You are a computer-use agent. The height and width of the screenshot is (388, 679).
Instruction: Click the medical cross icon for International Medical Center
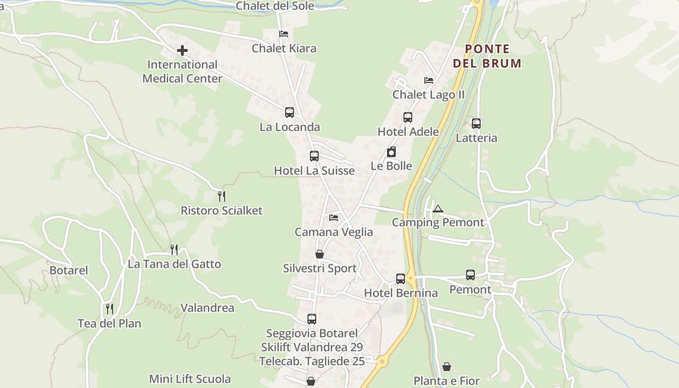click(182, 50)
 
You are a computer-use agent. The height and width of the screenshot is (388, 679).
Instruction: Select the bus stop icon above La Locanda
click(290, 113)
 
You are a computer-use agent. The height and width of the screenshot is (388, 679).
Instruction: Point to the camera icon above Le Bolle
click(391, 152)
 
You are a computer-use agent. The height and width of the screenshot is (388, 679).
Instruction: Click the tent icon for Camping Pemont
click(438, 209)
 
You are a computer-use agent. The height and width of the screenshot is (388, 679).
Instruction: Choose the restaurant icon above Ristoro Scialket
click(222, 196)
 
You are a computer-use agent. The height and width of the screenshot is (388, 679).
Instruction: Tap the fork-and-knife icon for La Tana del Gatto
click(174, 250)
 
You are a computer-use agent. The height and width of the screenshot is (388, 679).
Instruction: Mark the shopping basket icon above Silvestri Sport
click(320, 254)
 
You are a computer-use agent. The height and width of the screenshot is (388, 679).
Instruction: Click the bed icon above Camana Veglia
click(334, 218)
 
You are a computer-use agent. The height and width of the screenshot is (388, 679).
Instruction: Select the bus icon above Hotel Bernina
click(401, 279)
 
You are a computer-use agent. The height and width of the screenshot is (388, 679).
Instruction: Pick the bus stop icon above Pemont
click(470, 275)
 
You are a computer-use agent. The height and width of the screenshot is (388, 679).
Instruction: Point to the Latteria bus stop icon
click(476, 124)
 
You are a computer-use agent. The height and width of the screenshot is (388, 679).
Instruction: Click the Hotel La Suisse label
click(314, 171)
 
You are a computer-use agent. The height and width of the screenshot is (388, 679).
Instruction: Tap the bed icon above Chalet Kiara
click(284, 34)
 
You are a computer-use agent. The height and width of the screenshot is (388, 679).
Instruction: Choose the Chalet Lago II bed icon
click(429, 81)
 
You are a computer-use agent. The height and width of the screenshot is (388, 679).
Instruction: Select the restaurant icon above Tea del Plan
click(110, 309)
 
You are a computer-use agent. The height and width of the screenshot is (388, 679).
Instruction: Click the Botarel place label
click(69, 270)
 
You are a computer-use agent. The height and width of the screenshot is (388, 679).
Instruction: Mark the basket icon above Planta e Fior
click(447, 367)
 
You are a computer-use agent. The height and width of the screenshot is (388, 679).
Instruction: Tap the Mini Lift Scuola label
click(190, 379)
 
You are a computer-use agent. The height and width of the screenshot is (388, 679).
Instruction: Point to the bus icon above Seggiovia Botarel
click(312, 319)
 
